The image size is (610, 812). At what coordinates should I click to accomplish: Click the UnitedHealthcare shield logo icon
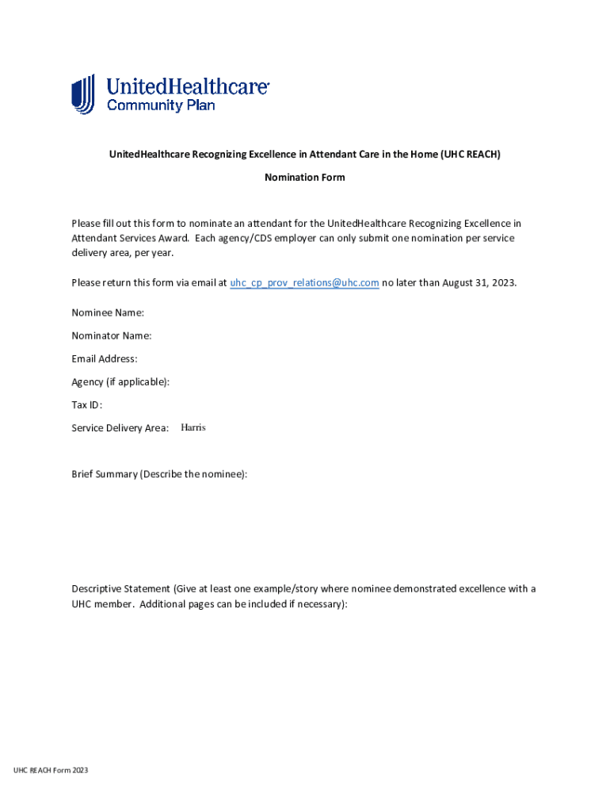tap(83, 94)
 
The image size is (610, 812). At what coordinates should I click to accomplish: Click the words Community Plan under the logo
tap(161, 105)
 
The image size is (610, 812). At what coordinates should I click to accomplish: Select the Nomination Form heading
tap(305, 178)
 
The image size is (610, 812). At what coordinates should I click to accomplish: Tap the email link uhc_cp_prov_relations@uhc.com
tap(304, 283)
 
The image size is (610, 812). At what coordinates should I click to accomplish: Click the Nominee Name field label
tap(108, 313)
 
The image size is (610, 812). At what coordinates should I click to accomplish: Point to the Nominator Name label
tap(112, 336)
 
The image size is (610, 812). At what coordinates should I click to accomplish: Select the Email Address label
tap(105, 359)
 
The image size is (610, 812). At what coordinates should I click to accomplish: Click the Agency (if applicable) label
tap(120, 382)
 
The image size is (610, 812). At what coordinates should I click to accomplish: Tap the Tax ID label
tap(87, 405)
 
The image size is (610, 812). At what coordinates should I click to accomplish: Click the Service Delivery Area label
tap(120, 428)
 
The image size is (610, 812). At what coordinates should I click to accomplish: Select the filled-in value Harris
tap(193, 427)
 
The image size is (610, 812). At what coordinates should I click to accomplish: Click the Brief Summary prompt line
tap(159, 474)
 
